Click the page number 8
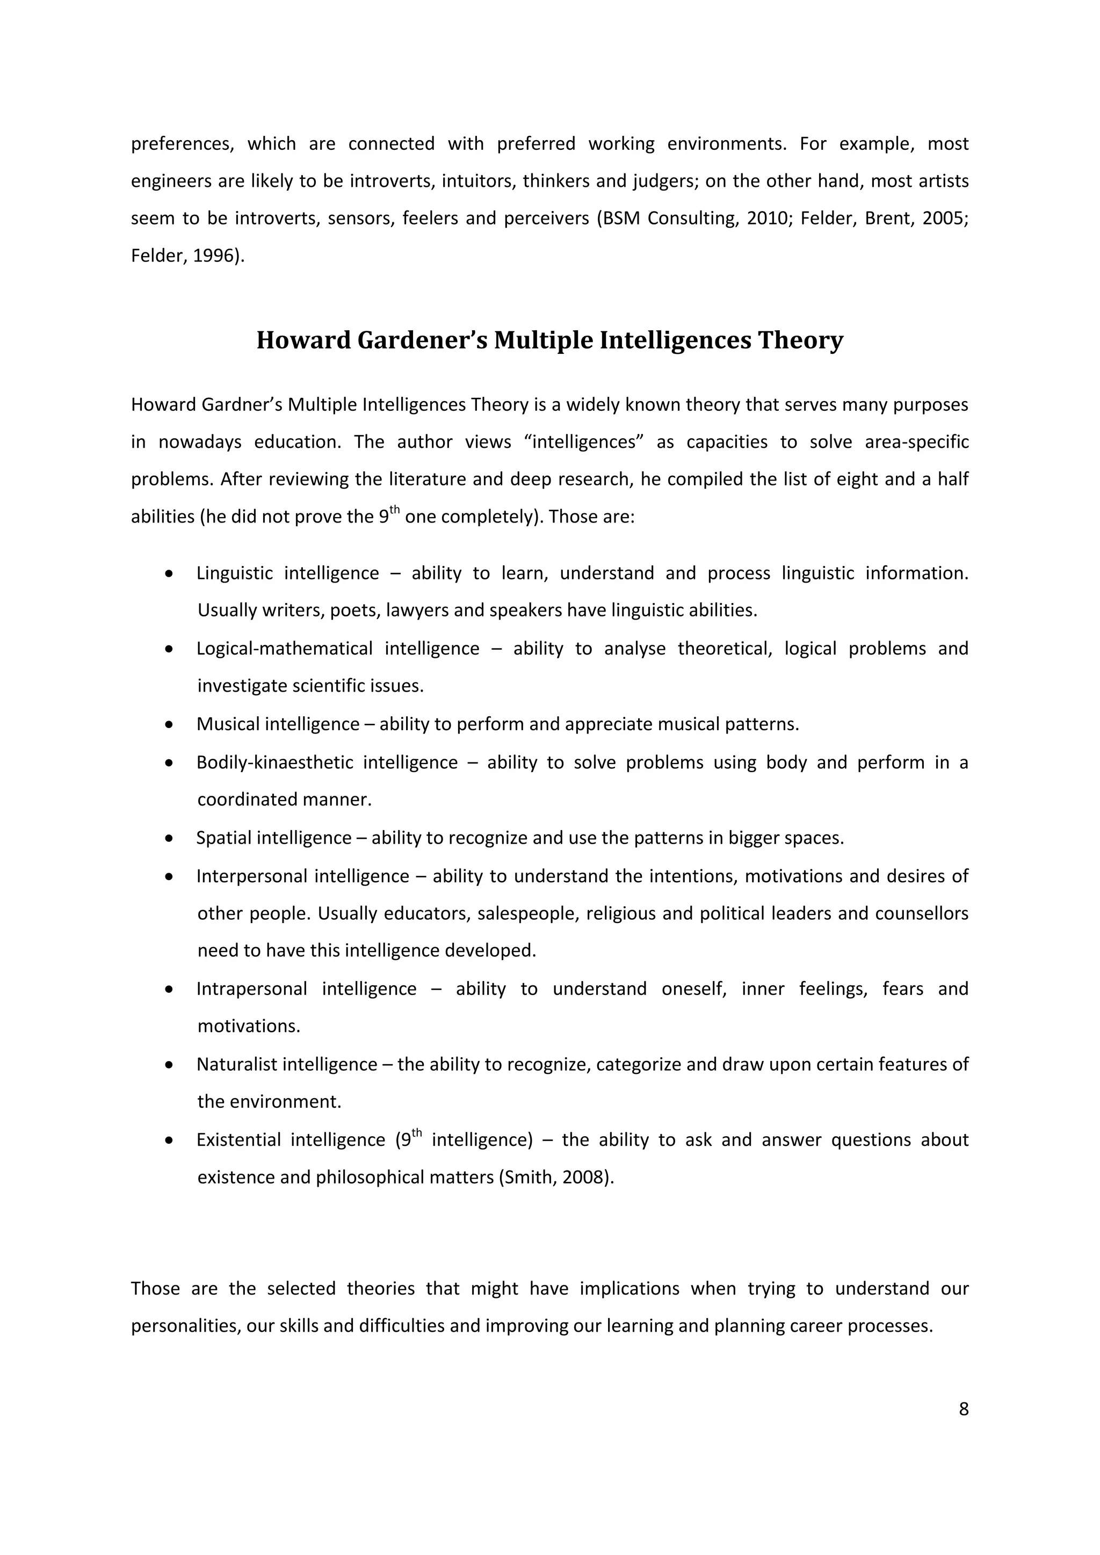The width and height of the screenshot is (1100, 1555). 963,1409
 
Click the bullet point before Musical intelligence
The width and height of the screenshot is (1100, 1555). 169,725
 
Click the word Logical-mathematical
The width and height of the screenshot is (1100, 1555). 284,649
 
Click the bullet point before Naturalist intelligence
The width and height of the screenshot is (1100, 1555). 169,1066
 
